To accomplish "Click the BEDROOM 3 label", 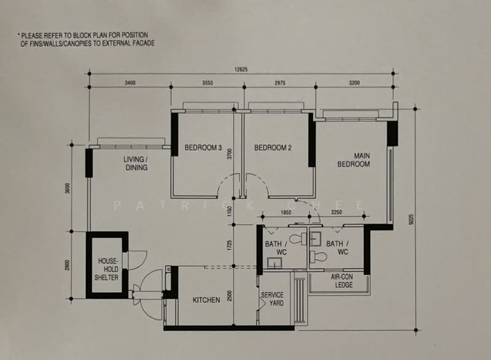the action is (203, 147).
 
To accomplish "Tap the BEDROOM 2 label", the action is (273, 147).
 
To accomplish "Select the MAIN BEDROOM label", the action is (354, 160).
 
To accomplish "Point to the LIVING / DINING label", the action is (136, 163).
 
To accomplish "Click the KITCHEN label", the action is (206, 300).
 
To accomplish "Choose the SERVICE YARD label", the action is (273, 299).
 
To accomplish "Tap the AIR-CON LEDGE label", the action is (342, 281).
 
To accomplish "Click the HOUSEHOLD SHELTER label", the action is (106, 269).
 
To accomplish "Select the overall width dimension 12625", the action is (241, 69).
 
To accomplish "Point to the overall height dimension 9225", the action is (411, 219).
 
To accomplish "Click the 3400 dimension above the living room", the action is (130, 83).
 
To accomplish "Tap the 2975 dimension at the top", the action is (280, 83).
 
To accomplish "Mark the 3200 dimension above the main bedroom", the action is (354, 83).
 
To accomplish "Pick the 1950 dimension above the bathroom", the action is (285, 213).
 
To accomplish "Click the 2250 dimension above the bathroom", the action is (336, 213).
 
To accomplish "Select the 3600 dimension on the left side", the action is (68, 189).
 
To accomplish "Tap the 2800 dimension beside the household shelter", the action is (68, 265).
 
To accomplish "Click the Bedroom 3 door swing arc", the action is (223, 182).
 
